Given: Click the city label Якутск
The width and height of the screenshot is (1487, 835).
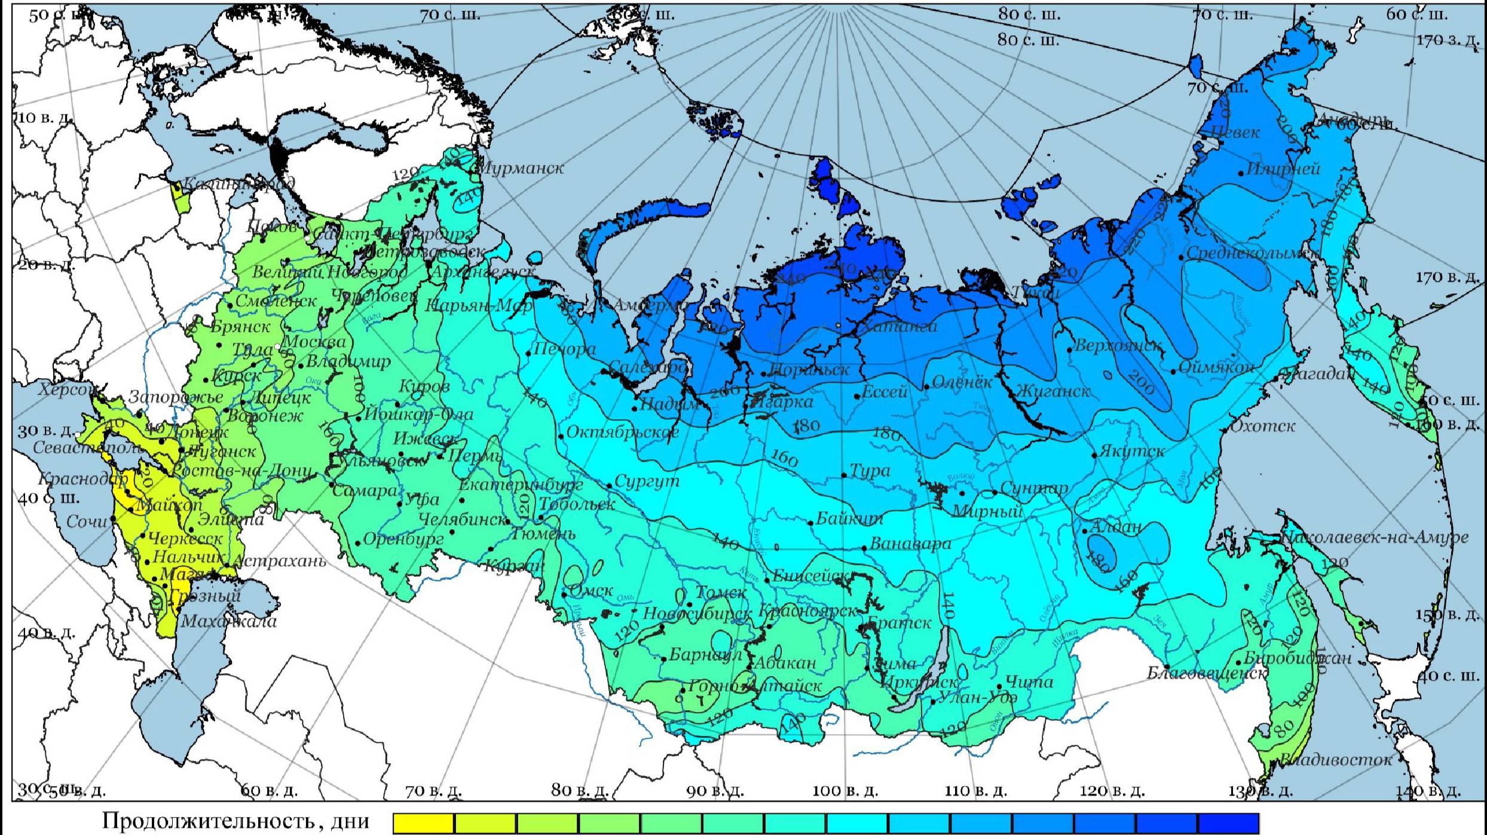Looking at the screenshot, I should (x=1131, y=451).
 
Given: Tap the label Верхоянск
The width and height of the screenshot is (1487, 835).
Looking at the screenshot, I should (x=1118, y=345).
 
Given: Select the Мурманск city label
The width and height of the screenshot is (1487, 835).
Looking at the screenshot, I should (x=521, y=168).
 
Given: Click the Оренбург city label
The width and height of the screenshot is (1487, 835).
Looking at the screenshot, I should (x=403, y=539).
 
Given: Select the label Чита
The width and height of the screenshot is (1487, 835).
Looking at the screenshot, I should (x=1029, y=681).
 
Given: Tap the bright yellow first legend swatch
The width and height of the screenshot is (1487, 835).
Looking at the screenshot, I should (x=423, y=822).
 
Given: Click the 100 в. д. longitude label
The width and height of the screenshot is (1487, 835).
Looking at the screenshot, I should (x=845, y=791).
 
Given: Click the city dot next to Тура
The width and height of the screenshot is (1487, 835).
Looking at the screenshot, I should (x=844, y=475).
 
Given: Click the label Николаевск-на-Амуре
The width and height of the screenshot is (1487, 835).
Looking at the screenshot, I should (x=1375, y=538).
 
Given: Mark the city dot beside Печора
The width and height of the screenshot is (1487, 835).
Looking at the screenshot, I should (x=529, y=354).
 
